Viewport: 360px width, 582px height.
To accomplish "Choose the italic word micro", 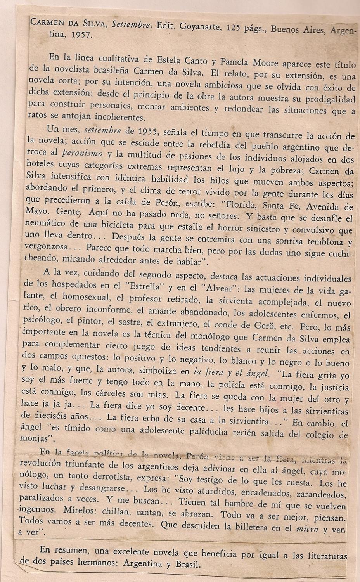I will (x=307, y=528).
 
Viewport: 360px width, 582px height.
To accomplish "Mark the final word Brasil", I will (x=187, y=565).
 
